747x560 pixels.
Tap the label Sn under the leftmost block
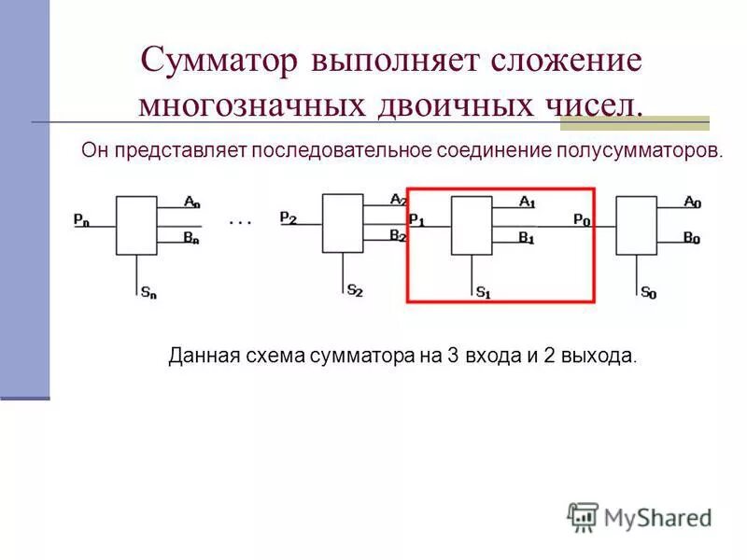point(149,293)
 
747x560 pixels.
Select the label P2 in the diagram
point(289,217)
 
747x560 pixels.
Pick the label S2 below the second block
point(355,291)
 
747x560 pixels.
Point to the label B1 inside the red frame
point(528,237)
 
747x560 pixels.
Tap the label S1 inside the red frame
point(483,292)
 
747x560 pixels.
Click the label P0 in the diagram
point(581,220)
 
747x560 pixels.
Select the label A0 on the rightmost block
point(692,202)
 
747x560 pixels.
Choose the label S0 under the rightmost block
point(649,293)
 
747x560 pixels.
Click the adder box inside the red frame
point(472,225)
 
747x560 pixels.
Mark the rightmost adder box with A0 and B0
point(637,225)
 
